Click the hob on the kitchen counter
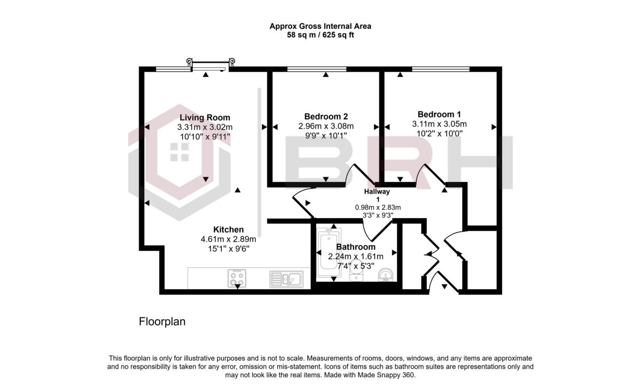coord(237,277)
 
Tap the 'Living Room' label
coord(205,117)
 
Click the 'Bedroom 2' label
coord(326,116)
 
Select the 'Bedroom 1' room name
coord(439,114)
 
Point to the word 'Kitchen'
coord(228,229)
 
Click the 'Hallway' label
coord(377,192)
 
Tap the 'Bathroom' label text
coord(355,247)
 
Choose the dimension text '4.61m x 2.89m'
coord(228,239)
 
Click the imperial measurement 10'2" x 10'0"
coord(439,134)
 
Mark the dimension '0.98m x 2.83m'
coord(377,208)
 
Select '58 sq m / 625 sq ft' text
coord(320,35)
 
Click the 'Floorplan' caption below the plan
coord(162,322)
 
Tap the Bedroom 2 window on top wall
coord(316,69)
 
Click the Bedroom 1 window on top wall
coord(440,69)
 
